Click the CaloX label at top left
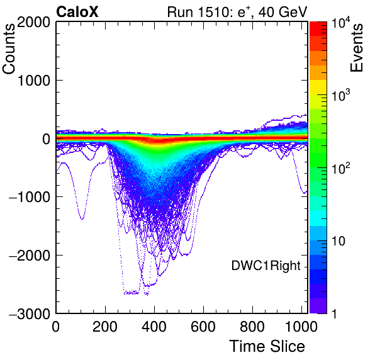click(77, 11)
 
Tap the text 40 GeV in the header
click(283, 12)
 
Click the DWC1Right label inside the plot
click(266, 266)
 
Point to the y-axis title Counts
click(9, 49)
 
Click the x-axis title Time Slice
click(267, 346)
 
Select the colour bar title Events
click(356, 48)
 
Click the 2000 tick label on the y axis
click(33, 22)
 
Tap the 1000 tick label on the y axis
click(33, 81)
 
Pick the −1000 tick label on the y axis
click(30, 197)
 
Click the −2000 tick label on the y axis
click(30, 256)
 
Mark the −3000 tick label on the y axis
click(30, 313)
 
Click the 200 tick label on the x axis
click(105, 327)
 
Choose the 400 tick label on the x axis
click(154, 327)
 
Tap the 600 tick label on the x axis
click(203, 327)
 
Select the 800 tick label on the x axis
click(252, 327)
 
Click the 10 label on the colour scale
click(338, 241)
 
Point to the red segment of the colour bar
click(318, 29)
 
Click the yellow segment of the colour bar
click(318, 87)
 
